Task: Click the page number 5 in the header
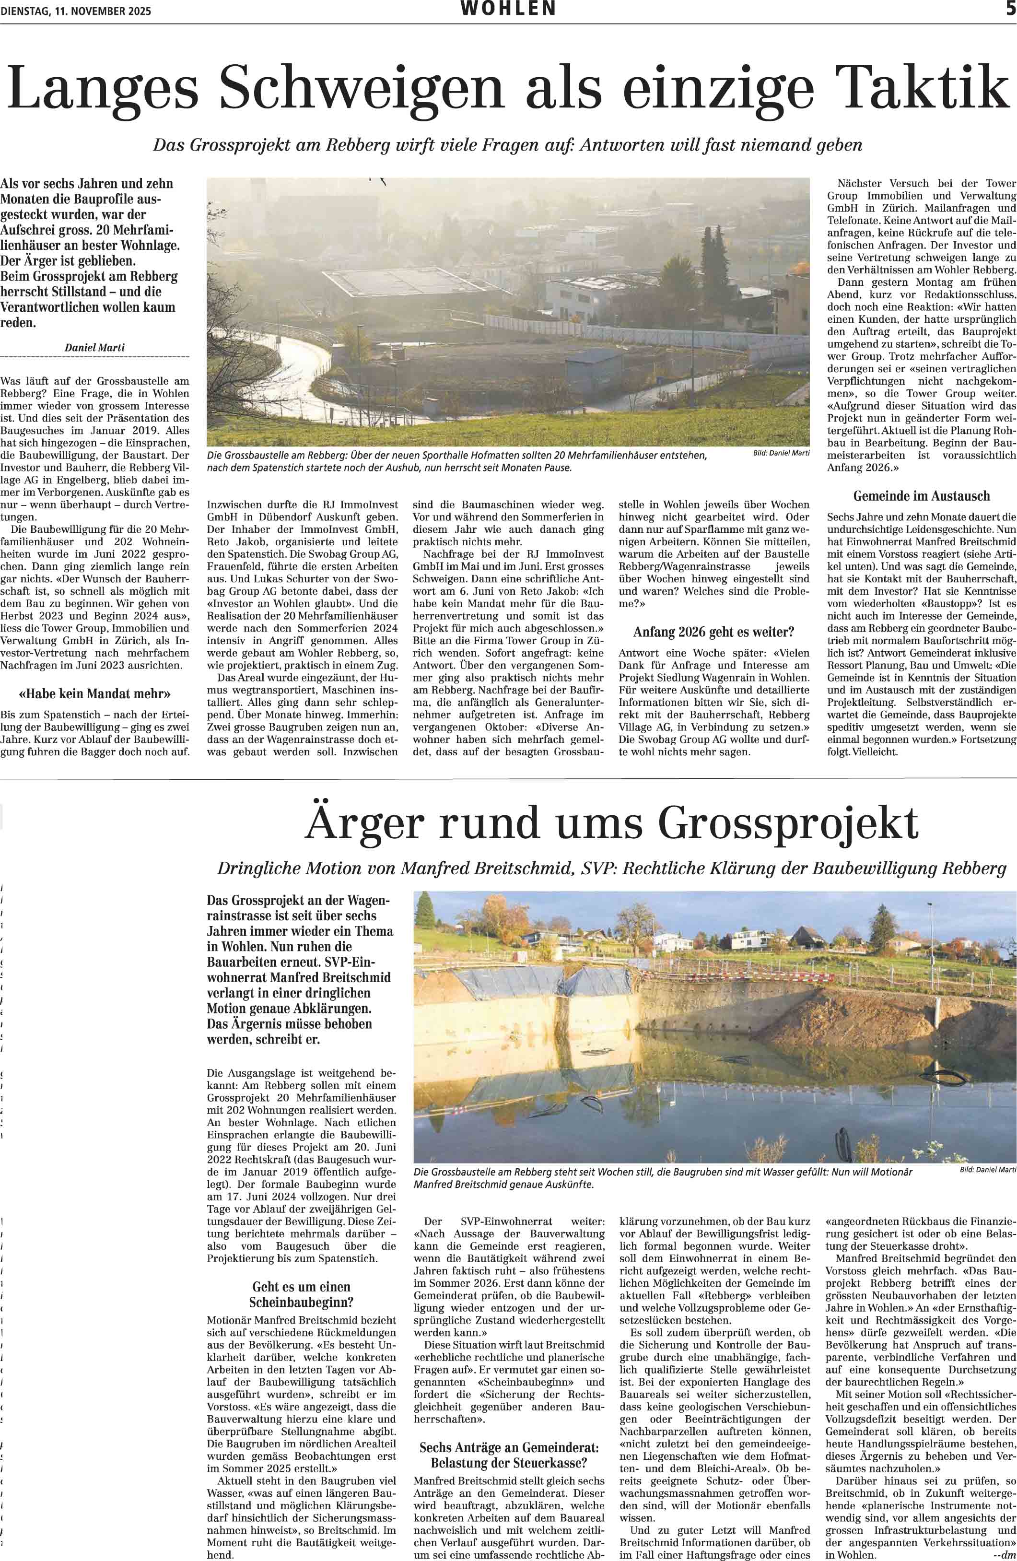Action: [x=1010, y=9]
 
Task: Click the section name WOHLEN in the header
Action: [x=508, y=9]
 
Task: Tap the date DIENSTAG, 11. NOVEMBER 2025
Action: [x=76, y=11]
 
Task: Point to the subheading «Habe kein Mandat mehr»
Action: [x=94, y=693]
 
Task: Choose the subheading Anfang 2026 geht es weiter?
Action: [x=713, y=632]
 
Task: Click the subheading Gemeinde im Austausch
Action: [x=921, y=496]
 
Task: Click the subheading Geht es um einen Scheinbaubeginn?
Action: [x=301, y=1294]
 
